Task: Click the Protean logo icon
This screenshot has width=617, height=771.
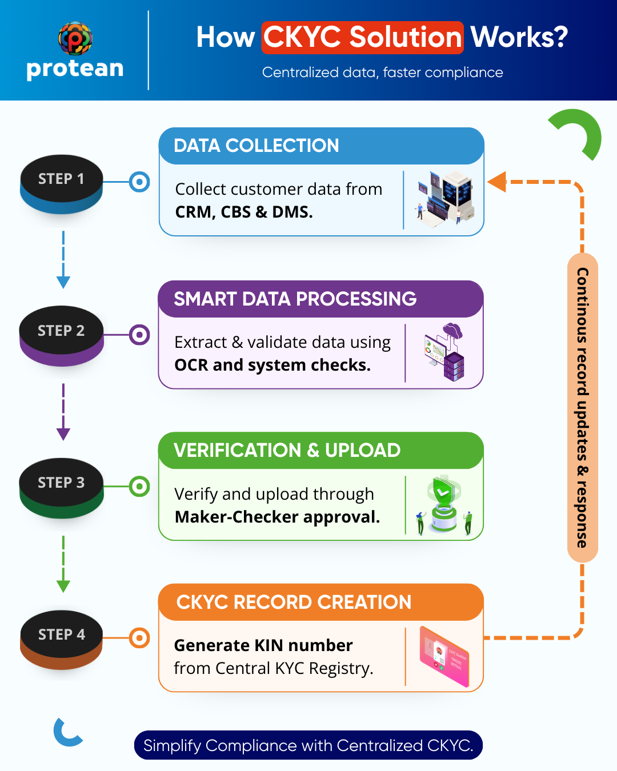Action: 75,38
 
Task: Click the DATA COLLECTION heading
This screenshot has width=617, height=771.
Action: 257,146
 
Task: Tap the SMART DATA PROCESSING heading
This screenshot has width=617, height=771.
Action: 295,299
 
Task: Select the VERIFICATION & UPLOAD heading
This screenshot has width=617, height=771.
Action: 287,450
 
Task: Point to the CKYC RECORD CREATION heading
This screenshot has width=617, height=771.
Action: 294,602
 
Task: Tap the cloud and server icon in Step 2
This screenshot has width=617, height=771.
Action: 445,351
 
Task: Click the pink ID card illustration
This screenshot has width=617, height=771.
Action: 444,656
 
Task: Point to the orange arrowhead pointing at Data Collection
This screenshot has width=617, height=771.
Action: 497,182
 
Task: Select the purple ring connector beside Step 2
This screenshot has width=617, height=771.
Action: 139,335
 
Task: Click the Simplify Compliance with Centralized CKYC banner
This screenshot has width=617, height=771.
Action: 308,745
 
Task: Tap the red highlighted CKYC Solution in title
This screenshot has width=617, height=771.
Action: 362,38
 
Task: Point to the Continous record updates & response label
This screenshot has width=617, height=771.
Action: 582,407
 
